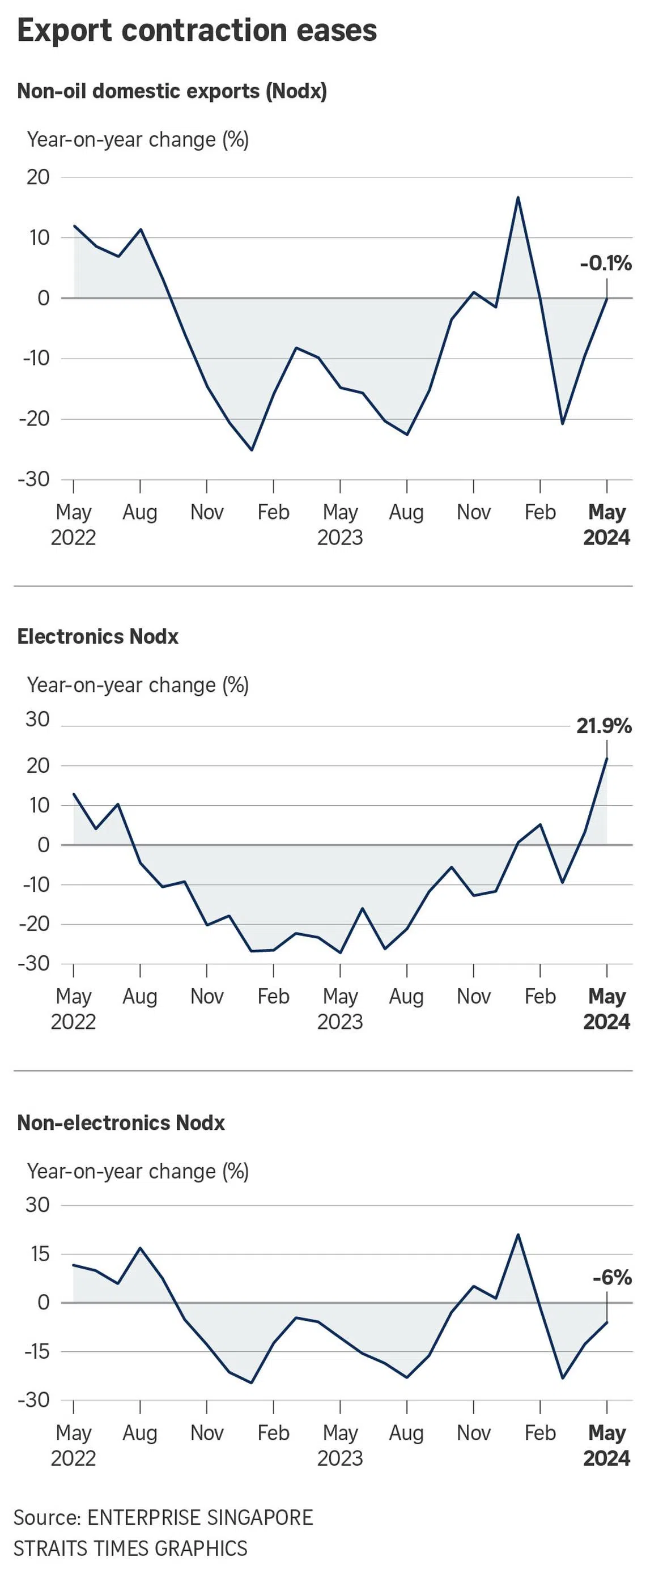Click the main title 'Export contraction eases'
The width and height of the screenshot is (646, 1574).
click(197, 31)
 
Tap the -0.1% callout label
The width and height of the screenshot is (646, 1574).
click(606, 263)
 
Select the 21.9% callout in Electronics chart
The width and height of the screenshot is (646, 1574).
click(604, 726)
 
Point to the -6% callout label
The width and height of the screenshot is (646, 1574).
click(612, 1277)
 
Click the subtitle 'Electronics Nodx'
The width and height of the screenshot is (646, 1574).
click(98, 637)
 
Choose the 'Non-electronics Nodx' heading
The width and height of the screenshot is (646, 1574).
click(121, 1122)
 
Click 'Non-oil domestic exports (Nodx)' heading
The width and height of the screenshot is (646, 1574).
click(172, 91)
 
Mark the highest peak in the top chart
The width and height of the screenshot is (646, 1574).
click(518, 197)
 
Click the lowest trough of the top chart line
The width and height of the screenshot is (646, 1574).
click(251, 450)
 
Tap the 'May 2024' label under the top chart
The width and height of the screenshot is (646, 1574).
click(606, 524)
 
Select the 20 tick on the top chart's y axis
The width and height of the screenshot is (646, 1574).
click(38, 177)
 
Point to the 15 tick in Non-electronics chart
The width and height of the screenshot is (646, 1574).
click(38, 1254)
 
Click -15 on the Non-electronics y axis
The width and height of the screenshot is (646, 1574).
click(36, 1351)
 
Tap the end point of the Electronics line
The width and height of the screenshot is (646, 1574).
click(606, 758)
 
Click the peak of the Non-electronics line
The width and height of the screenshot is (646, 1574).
click(518, 1235)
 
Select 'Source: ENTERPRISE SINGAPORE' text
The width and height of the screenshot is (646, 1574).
click(163, 1518)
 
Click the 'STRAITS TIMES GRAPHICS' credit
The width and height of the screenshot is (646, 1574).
click(131, 1549)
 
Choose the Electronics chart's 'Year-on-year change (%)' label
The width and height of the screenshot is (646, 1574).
click(138, 686)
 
